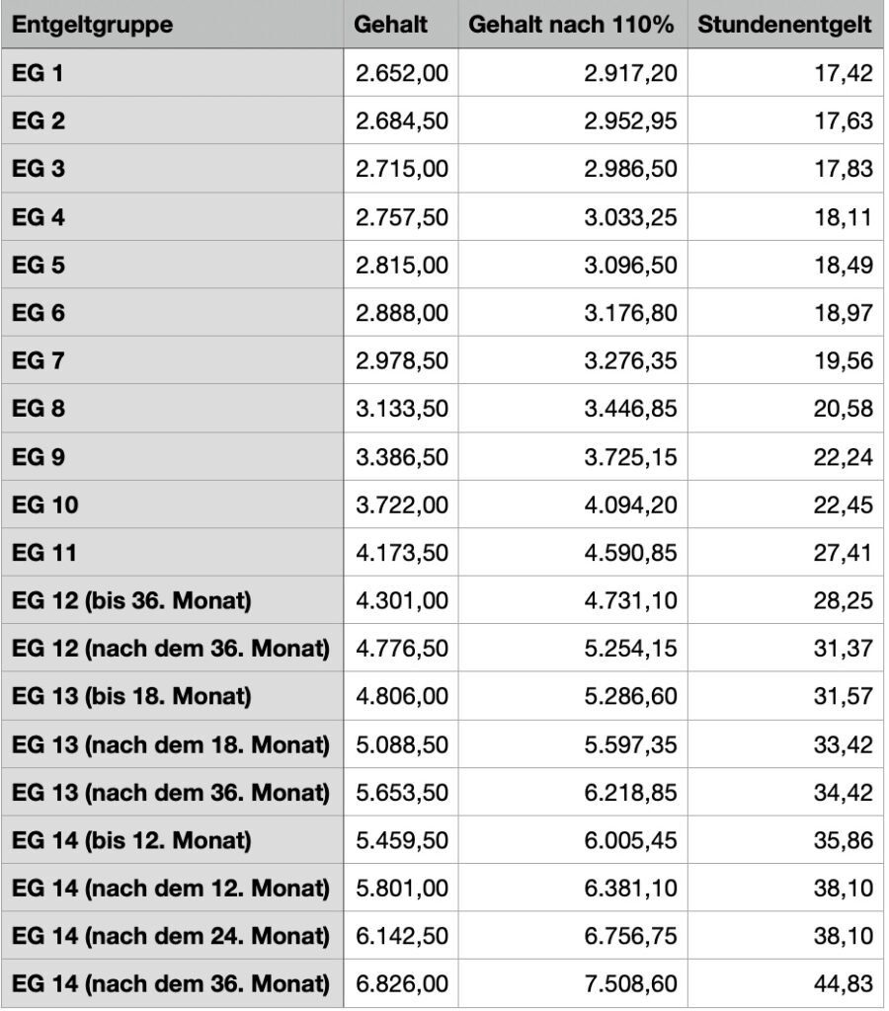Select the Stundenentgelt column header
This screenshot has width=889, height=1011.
point(784,25)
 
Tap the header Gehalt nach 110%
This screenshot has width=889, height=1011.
point(571,25)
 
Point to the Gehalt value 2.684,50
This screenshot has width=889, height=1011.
point(402,120)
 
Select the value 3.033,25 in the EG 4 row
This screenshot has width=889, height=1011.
point(630,216)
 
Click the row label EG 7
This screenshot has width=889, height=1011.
point(39,360)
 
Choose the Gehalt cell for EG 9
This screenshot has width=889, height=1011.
point(402,456)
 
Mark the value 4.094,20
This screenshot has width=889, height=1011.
point(630,505)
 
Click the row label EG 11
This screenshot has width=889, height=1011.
point(44,552)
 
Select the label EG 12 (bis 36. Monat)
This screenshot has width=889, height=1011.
point(128,600)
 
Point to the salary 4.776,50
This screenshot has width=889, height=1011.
point(402,648)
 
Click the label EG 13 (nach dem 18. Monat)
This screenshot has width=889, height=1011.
point(170,743)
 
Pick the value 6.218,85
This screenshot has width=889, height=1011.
point(630,792)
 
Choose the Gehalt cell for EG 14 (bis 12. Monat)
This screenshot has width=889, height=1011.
point(402,840)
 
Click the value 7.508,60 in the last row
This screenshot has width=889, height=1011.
point(630,984)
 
